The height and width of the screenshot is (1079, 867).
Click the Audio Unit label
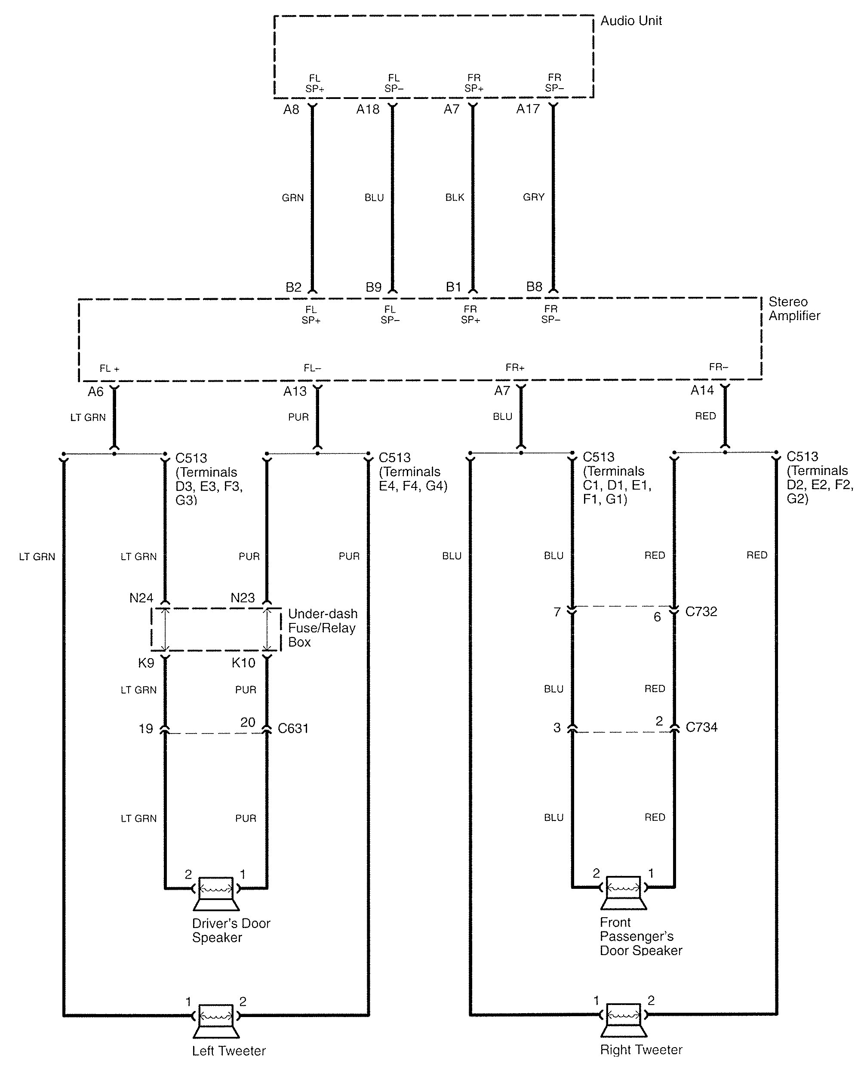point(631,21)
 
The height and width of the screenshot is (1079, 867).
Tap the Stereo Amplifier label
point(794,309)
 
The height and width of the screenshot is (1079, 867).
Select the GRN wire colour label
point(293,197)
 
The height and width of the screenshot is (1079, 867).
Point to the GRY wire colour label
point(533,197)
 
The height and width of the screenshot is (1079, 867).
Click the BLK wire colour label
point(455,197)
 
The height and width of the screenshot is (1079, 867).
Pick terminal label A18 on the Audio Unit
point(368,109)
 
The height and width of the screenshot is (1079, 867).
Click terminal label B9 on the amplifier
point(374,287)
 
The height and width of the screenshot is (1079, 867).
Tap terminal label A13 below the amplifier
point(295,392)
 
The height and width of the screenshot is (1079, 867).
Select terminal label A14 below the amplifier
point(702,390)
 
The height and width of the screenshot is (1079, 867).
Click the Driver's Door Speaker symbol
point(216,893)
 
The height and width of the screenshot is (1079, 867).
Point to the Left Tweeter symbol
point(216,1020)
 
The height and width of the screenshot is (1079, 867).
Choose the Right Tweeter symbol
point(623,1020)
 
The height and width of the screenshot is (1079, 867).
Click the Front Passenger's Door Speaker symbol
point(623,892)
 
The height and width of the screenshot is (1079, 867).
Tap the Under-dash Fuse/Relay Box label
point(322,628)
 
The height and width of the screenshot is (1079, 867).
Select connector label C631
point(293,729)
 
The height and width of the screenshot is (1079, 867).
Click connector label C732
point(701,612)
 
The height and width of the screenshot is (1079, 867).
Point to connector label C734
point(701,727)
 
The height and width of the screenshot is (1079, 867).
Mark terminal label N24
point(141,598)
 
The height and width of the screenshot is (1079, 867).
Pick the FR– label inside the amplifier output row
point(718,367)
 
